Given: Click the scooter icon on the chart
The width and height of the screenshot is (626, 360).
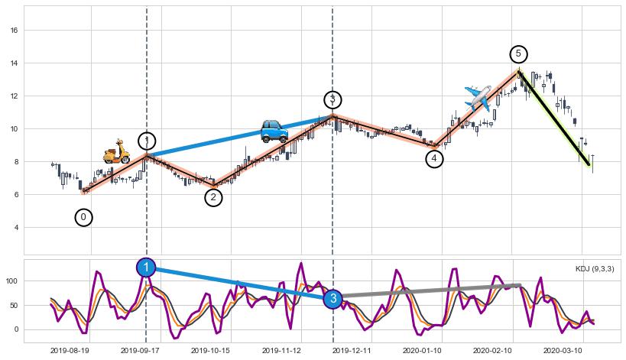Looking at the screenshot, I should [117, 151].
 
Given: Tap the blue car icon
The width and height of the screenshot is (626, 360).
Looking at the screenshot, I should [274, 131].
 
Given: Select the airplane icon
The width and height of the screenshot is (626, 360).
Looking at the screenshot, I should [478, 99].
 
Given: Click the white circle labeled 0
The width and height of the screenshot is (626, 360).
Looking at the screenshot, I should [84, 217].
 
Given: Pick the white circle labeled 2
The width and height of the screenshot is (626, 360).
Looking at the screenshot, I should [213, 197].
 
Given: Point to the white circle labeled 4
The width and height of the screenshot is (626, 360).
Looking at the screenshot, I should [434, 159].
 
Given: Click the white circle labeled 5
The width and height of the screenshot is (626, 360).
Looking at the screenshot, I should [518, 54].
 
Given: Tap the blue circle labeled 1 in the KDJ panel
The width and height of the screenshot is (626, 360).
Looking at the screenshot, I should [146, 267].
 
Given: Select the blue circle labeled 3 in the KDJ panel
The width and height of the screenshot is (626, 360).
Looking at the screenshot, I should [332, 299].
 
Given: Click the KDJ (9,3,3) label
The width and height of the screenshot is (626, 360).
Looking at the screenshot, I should [594, 269].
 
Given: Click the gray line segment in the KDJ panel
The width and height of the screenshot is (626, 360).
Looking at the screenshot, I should [428, 290].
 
